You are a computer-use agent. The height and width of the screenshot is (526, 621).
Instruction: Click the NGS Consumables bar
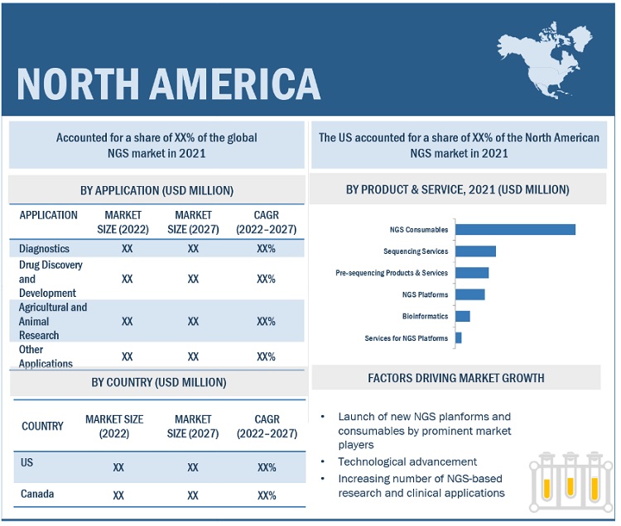[515, 229]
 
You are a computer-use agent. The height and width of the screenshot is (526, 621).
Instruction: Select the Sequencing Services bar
[475, 251]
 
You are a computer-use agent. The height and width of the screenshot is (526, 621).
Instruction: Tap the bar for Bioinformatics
[462, 316]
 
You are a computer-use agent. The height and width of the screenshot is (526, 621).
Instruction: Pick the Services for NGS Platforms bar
[458, 337]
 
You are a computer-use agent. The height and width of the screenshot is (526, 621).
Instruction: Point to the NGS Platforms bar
[469, 294]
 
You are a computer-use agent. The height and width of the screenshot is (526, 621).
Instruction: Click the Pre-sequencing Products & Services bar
[472, 273]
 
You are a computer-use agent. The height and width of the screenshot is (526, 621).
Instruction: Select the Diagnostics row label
[44, 248]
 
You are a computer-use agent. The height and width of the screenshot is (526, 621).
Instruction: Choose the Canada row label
[37, 494]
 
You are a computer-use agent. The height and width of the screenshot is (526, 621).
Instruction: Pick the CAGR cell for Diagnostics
[266, 248]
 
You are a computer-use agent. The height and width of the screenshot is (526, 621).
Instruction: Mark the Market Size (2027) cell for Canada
[193, 495]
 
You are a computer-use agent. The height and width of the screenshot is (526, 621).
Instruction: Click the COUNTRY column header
[42, 426]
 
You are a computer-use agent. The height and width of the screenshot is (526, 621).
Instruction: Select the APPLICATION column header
[49, 215]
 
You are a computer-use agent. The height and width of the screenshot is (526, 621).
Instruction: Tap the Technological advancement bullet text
[407, 461]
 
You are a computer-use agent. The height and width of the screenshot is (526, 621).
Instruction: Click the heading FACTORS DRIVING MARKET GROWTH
[456, 378]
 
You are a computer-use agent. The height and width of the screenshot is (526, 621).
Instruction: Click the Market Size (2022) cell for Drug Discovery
[128, 279]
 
